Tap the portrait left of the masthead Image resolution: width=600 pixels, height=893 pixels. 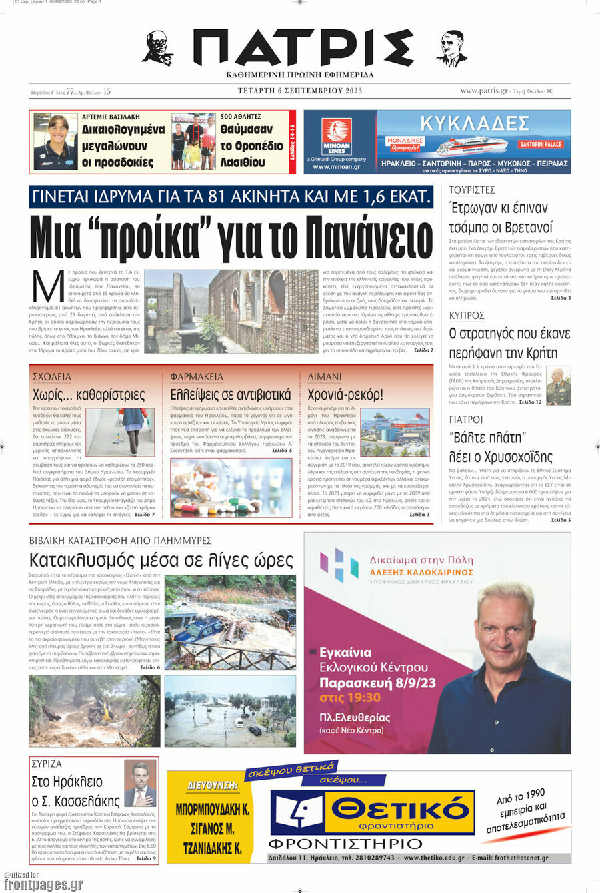click(x=157, y=48)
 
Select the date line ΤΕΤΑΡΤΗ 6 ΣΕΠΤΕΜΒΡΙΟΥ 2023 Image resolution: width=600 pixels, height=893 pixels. click(x=300, y=91)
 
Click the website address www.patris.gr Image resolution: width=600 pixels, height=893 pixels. click(x=484, y=91)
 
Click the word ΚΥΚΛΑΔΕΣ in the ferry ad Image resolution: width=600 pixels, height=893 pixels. click(x=475, y=123)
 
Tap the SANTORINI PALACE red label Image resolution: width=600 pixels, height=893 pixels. click(x=541, y=144)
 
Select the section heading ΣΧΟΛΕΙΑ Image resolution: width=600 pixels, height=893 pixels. click(x=51, y=377)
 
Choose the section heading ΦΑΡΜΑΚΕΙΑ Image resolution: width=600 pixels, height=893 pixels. click(x=197, y=377)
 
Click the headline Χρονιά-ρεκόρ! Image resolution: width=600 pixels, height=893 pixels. click(x=345, y=395)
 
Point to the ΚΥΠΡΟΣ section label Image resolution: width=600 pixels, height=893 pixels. click(x=467, y=315)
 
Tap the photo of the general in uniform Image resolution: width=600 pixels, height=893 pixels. click(x=558, y=386)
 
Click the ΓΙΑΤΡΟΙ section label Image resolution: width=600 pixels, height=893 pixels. click(x=466, y=420)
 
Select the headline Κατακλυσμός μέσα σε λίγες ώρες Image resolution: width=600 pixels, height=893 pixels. click(x=161, y=561)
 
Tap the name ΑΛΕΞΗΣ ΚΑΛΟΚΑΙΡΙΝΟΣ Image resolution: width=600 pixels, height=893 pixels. click(x=421, y=572)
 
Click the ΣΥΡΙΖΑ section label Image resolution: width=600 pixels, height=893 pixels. click(x=47, y=764)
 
